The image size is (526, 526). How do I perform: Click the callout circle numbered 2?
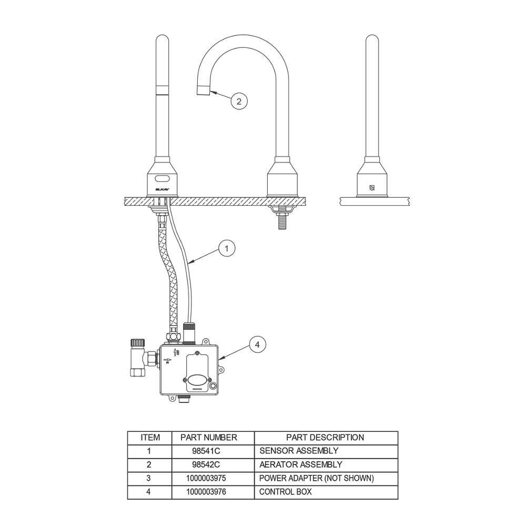239,102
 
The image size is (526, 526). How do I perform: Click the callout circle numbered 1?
226,249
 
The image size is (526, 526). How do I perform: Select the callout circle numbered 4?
257,345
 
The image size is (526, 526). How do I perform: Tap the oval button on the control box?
197,379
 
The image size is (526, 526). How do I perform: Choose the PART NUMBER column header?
209,438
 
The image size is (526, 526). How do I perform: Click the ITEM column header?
150,438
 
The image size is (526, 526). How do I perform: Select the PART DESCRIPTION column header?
325,438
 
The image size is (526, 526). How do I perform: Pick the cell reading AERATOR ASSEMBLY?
301,464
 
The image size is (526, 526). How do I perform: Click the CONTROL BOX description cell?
286,492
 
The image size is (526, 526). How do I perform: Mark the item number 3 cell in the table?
149,478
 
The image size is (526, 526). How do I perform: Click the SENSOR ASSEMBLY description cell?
299,451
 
